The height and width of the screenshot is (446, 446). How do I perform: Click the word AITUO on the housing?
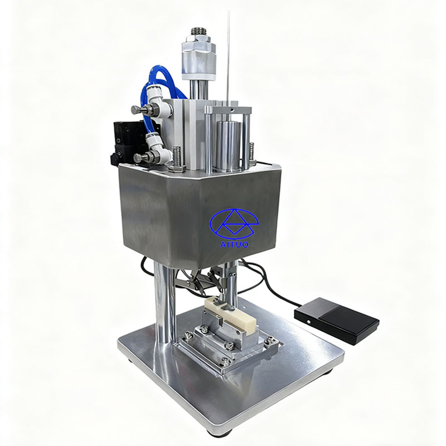234,244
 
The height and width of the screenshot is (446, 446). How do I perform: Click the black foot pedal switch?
337,320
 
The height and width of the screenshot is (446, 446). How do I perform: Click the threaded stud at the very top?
199,31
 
